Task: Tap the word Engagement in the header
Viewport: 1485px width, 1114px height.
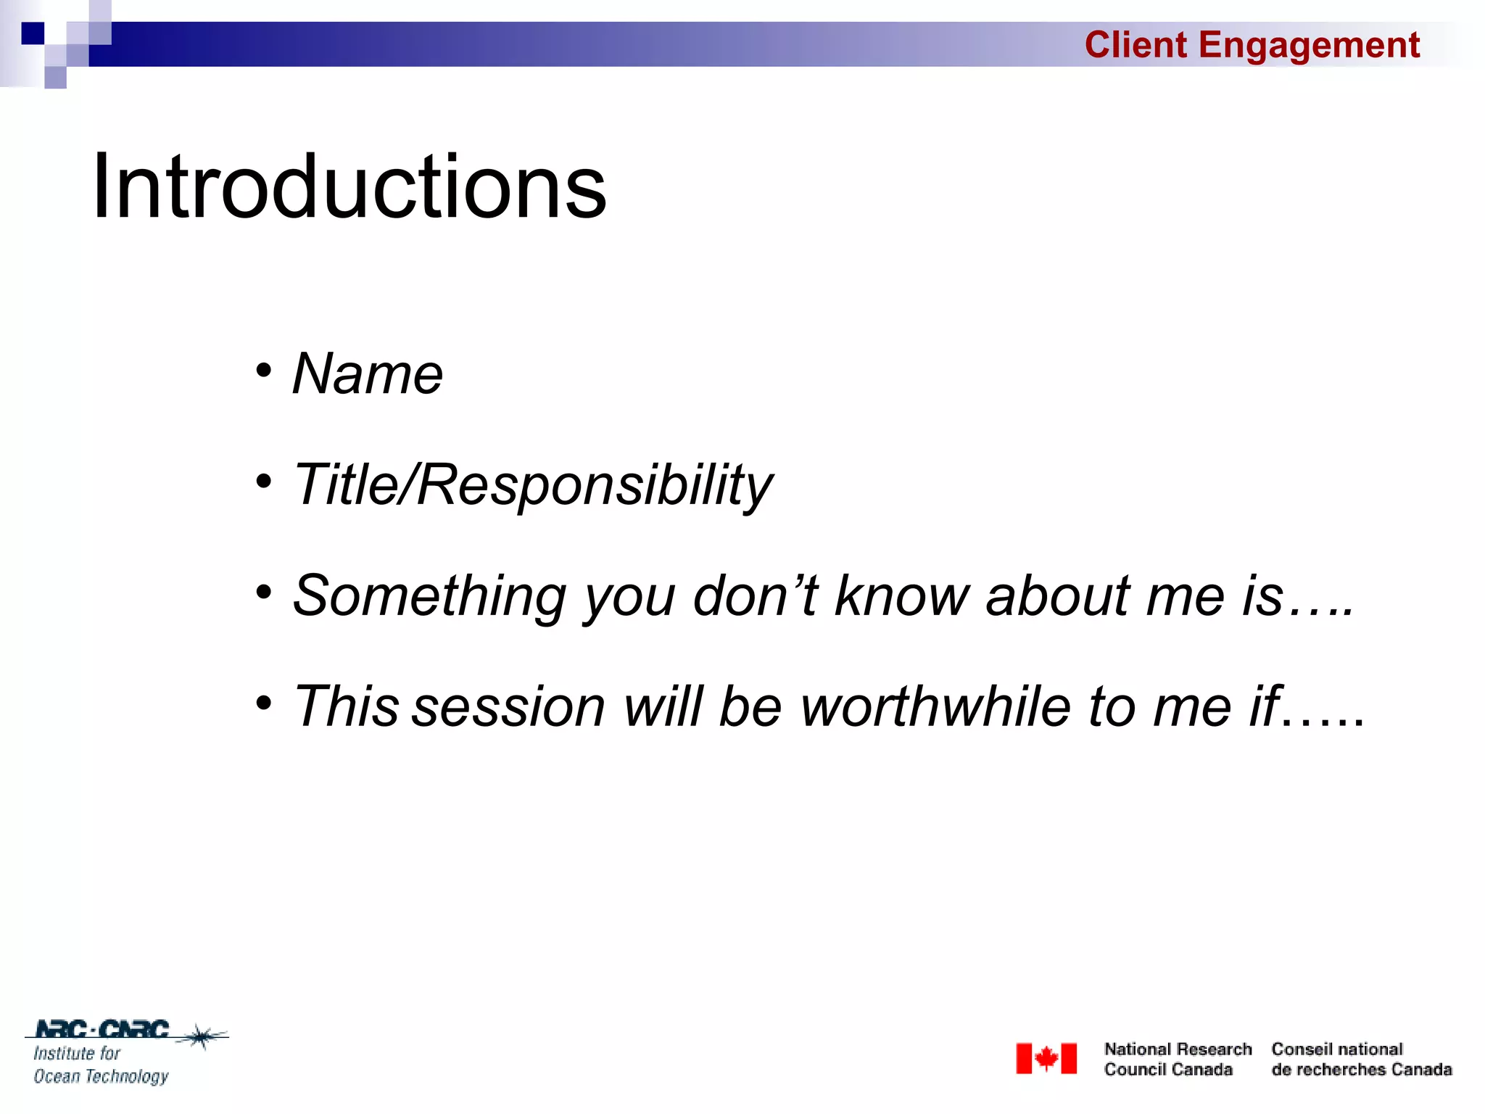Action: click(1308, 45)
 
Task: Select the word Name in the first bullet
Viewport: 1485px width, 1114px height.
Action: click(367, 374)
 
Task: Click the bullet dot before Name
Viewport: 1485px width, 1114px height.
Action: click(264, 371)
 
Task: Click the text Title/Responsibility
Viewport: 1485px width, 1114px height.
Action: click(533, 484)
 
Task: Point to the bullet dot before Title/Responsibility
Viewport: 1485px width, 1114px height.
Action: click(264, 481)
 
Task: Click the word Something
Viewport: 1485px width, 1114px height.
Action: click(429, 596)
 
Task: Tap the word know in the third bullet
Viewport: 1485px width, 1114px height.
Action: click(901, 596)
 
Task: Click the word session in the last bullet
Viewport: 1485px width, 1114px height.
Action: click(508, 707)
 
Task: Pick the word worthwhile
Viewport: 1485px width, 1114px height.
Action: click(935, 707)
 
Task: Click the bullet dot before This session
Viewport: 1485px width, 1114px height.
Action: click(264, 702)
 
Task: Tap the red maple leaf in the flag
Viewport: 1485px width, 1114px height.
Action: click(1046, 1059)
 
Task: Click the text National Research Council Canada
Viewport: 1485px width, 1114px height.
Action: click(1178, 1060)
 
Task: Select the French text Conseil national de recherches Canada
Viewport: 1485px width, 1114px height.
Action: click(1361, 1060)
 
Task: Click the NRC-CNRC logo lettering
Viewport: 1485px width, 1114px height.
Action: click(102, 1029)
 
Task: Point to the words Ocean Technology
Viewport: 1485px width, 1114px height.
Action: click(101, 1076)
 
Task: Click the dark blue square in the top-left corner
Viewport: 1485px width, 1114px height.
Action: click(33, 33)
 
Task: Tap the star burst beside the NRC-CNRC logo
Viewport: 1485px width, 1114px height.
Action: click(202, 1036)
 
